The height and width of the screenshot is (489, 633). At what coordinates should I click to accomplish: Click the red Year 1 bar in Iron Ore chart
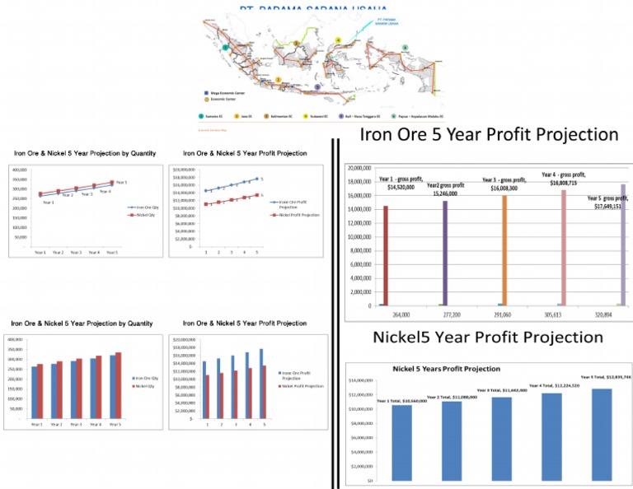click(385, 255)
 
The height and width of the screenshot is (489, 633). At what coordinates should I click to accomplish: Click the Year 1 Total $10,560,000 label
click(402, 400)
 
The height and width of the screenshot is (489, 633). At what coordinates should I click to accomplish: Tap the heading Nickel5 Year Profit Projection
click(488, 337)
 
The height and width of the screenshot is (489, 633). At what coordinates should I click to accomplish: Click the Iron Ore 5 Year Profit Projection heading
click(489, 133)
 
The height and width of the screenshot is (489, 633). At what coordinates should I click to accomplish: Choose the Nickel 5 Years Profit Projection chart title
click(447, 369)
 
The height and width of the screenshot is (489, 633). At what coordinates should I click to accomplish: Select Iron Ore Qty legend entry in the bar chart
click(145, 378)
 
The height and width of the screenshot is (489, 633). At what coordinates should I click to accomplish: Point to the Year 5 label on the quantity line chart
click(121, 182)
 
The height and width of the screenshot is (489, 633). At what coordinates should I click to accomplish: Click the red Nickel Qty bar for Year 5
click(118, 389)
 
